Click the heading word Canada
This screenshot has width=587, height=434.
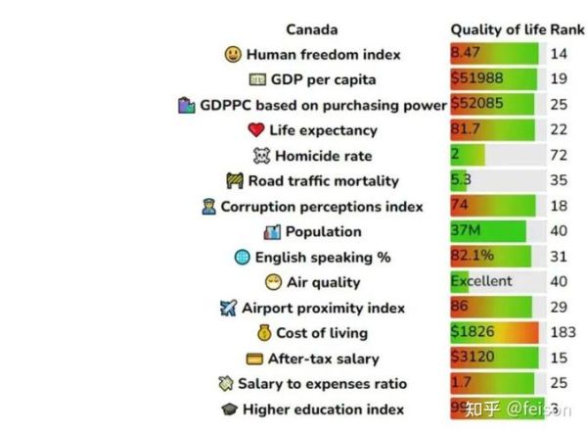pyautogui.click(x=312, y=29)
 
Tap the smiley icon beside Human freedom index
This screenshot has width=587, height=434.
pyautogui.click(x=233, y=55)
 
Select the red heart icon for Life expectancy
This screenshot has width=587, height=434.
pyautogui.click(x=256, y=130)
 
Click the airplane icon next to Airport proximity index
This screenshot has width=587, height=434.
pyautogui.click(x=229, y=309)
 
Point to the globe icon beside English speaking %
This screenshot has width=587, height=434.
pyautogui.click(x=243, y=258)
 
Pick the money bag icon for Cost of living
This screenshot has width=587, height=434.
pyautogui.click(x=263, y=334)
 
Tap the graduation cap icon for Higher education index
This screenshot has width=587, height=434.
pyautogui.click(x=229, y=410)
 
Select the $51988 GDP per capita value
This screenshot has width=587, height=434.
pyautogui.click(x=472, y=79)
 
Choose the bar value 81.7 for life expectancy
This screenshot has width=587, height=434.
pyautogui.click(x=465, y=130)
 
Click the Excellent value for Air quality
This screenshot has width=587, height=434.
pyautogui.click(x=480, y=282)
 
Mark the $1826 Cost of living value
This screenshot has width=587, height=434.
pyautogui.click(x=471, y=333)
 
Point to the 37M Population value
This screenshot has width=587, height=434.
pyautogui.click(x=465, y=232)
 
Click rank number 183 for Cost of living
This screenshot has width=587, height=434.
pyautogui.click(x=563, y=333)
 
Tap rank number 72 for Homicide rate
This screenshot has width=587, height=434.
pyautogui.click(x=559, y=156)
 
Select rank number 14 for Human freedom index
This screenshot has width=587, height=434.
pyautogui.click(x=559, y=55)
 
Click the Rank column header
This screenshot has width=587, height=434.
pyautogui.click(x=566, y=29)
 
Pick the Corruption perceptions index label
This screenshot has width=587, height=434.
pyautogui.click(x=322, y=207)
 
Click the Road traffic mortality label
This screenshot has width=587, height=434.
pyautogui.click(x=323, y=181)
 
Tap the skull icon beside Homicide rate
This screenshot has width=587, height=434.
pyautogui.click(x=261, y=156)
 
